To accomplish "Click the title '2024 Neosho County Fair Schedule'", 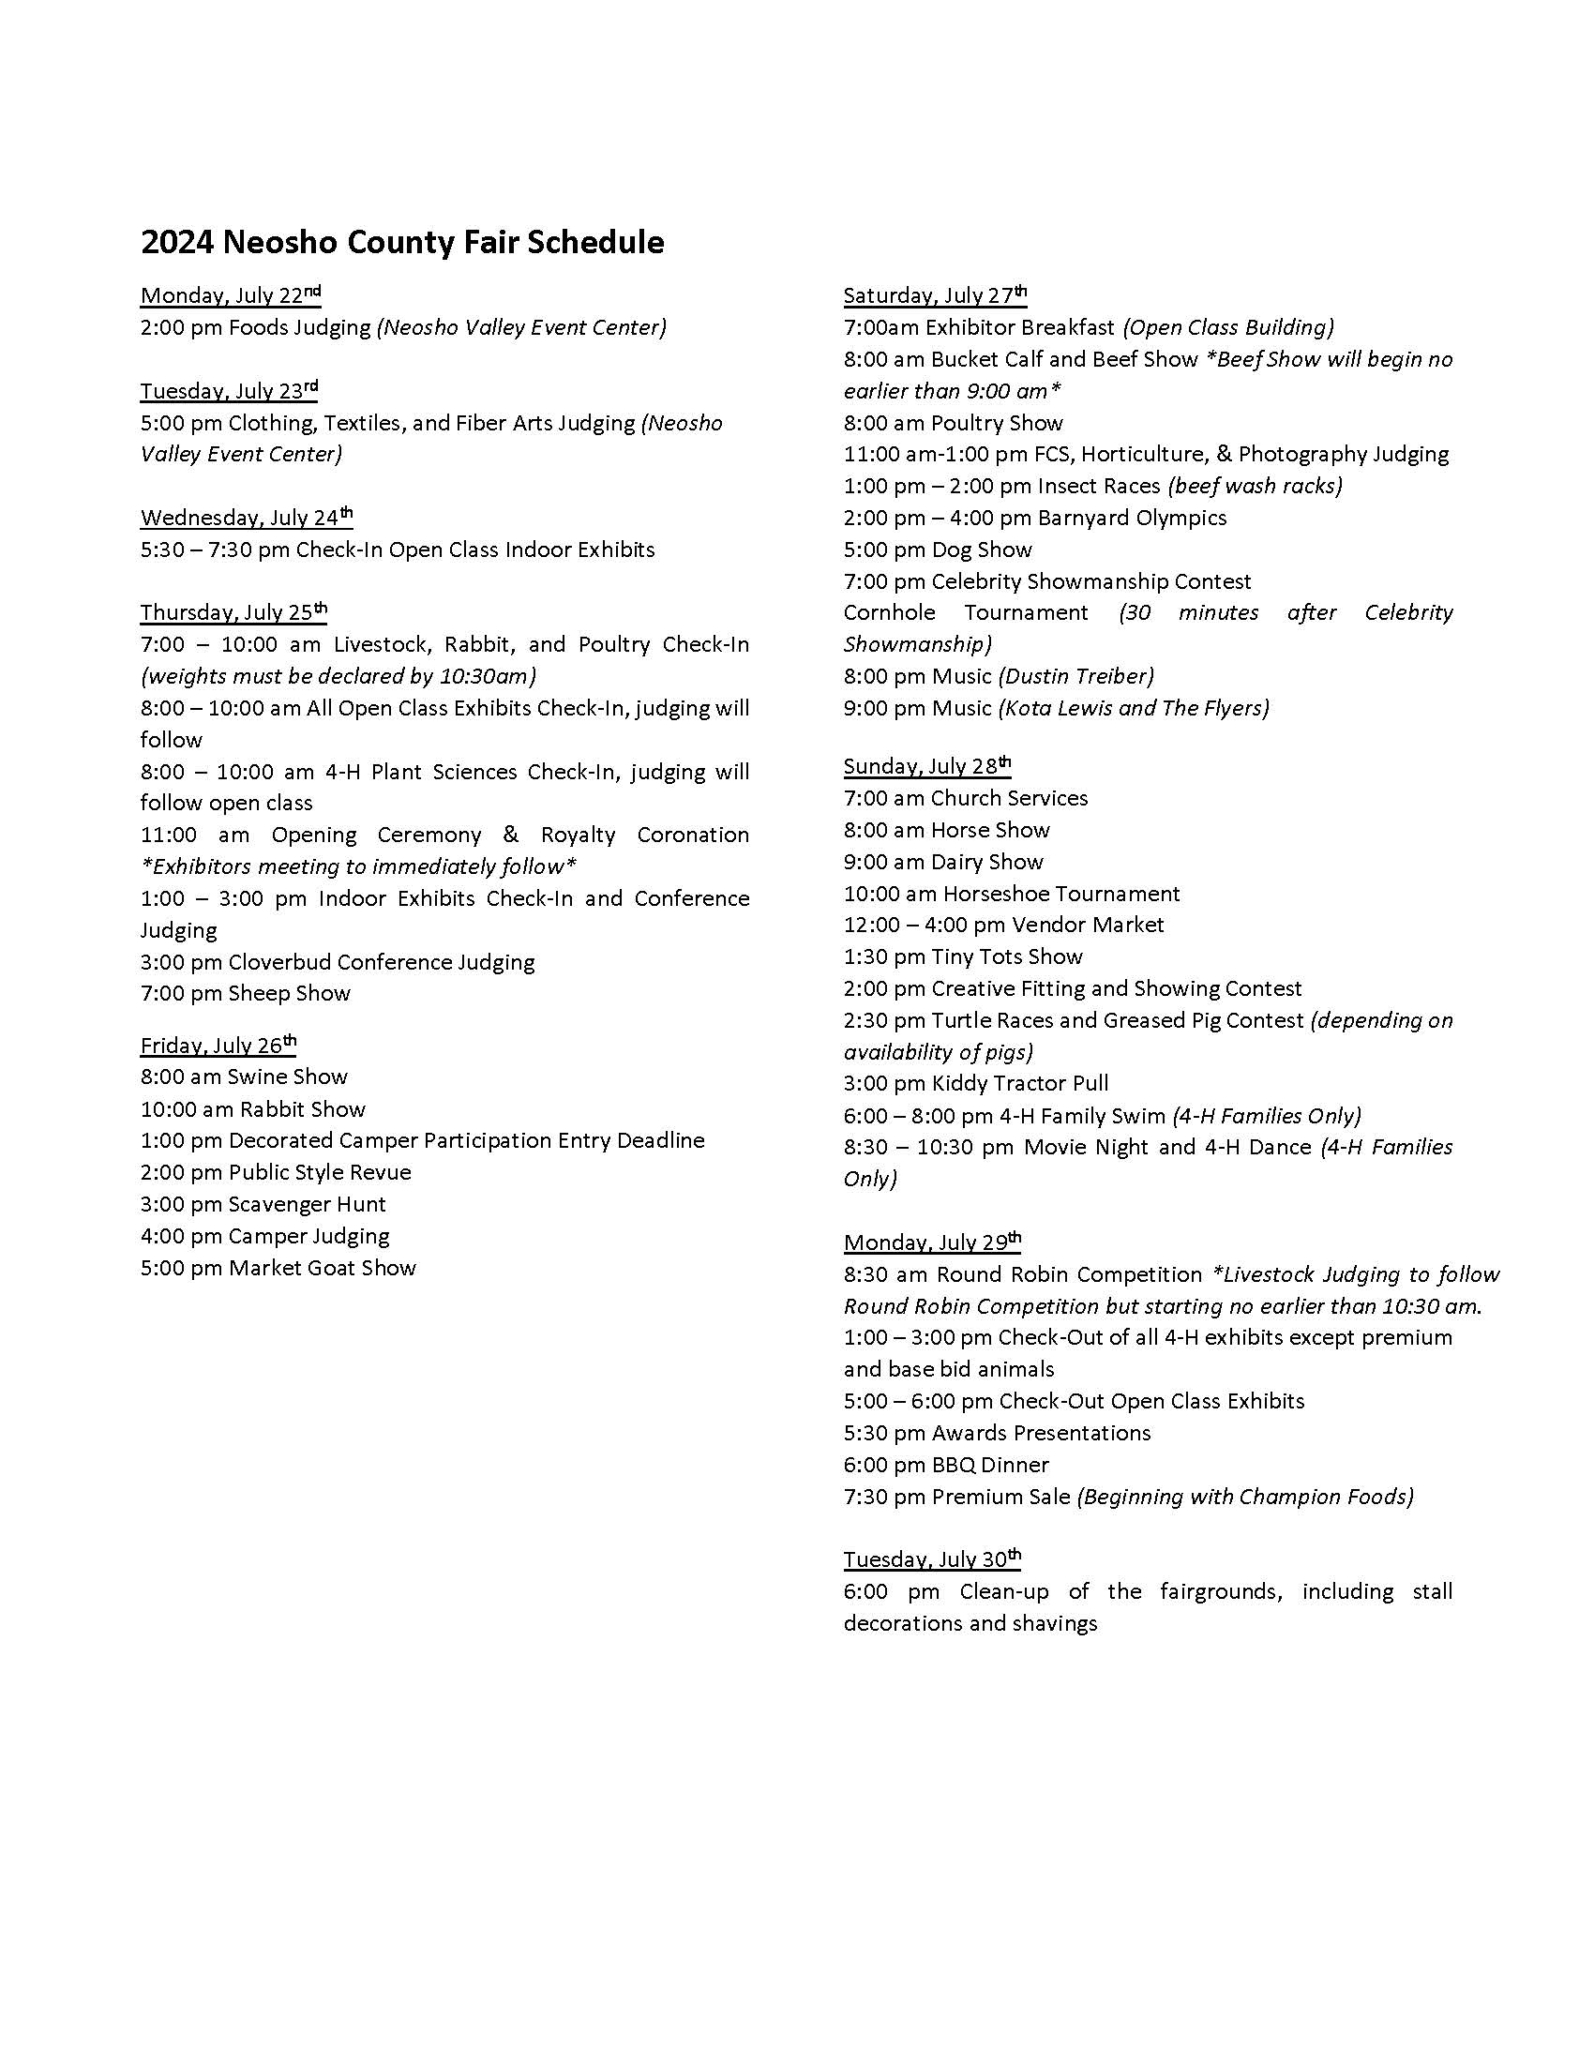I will [x=402, y=243].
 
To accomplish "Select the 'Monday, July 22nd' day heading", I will [x=231, y=295].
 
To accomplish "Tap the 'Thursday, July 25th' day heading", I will [x=233, y=612].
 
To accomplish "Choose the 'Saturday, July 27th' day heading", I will [x=935, y=295].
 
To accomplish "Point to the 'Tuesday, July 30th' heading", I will [x=932, y=1559].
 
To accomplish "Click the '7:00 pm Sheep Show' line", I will [x=246, y=993].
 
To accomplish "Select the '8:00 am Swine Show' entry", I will [x=244, y=1077].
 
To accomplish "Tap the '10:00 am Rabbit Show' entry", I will [x=252, y=1109].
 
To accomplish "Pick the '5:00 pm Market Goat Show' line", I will [x=278, y=1268].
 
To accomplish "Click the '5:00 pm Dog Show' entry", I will [x=938, y=550].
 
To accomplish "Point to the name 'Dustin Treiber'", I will [x=1076, y=676].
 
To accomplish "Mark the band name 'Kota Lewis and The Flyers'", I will [x=1134, y=707].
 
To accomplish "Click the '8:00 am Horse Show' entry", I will [x=946, y=830].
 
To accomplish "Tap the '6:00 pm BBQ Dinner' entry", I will [x=946, y=1465].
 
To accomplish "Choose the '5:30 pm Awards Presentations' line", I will [x=998, y=1433].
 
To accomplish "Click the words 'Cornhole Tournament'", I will [x=965, y=612].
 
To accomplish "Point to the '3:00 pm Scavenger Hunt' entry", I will [x=263, y=1204].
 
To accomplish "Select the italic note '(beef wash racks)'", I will [x=1255, y=486].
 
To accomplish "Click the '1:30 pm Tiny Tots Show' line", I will [x=963, y=956].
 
